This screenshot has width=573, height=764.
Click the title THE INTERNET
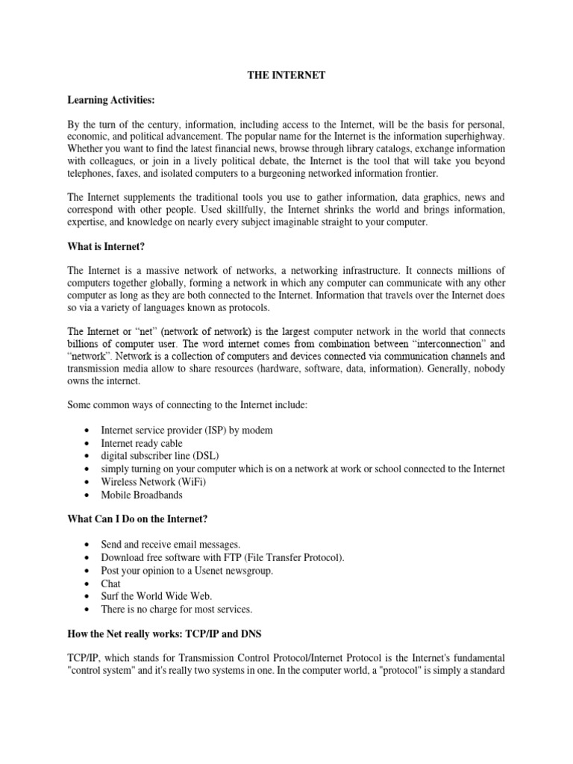(286, 75)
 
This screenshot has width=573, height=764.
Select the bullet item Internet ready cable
(141, 444)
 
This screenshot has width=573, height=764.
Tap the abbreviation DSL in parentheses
(205, 457)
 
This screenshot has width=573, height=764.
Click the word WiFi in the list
(188, 481)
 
